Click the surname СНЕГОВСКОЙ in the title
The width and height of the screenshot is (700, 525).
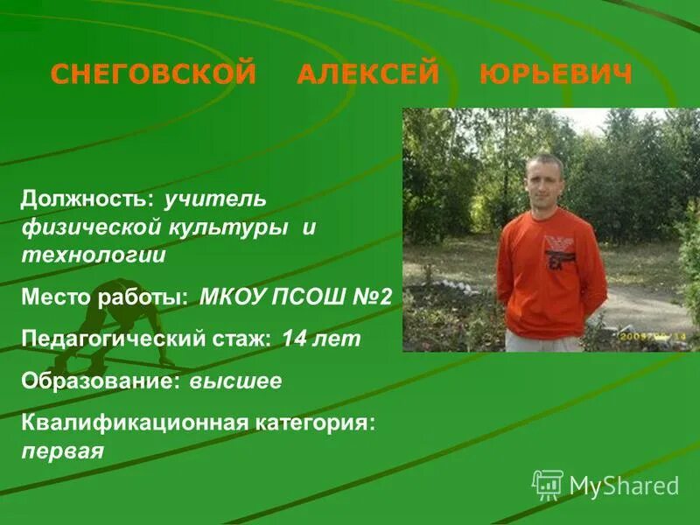coord(153,74)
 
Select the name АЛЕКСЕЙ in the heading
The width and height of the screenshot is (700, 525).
coord(367,74)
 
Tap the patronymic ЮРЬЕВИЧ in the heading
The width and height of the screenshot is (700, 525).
coord(556,74)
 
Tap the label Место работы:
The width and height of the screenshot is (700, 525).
coord(104,297)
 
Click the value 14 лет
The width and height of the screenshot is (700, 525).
coord(321,339)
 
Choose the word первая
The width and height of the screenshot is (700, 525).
coord(63,451)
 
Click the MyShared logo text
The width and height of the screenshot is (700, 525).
coord(624,486)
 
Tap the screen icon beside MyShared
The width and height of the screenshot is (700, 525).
coord(548,484)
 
